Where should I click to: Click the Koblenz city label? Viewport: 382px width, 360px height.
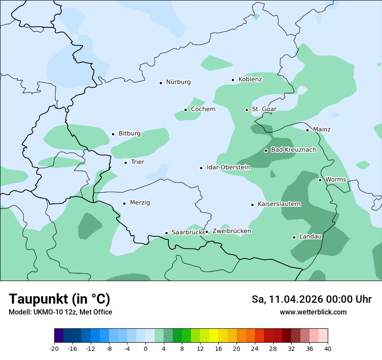pyautogui.click(x=250, y=79)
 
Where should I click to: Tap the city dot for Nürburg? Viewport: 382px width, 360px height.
pyautogui.click(x=161, y=82)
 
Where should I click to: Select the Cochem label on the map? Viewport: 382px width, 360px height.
pyautogui.click(x=203, y=109)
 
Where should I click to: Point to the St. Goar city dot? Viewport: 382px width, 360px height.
pyautogui.click(x=247, y=110)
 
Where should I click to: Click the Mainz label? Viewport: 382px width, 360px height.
pyautogui.click(x=322, y=129)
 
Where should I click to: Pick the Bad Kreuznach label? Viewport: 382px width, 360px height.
pyautogui.click(x=293, y=150)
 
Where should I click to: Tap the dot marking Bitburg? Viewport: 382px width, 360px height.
pyautogui.click(x=113, y=134)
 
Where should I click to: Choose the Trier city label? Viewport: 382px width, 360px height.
pyautogui.click(x=137, y=162)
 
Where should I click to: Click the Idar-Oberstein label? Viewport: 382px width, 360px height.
pyautogui.click(x=228, y=167)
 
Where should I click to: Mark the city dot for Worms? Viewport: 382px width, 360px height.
pyautogui.click(x=320, y=180)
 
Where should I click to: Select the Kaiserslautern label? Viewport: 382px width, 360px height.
pyautogui.click(x=279, y=204)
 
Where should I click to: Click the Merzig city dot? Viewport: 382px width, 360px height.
pyautogui.click(x=124, y=203)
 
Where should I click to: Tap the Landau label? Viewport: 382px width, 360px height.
pyautogui.click(x=310, y=237)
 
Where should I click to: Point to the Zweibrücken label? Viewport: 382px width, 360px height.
pyautogui.click(x=231, y=231)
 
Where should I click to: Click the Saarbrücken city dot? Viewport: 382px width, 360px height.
pyautogui.click(x=166, y=233)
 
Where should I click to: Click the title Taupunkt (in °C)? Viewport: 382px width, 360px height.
pyautogui.click(x=59, y=299)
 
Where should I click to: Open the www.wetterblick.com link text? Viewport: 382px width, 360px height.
pyautogui.click(x=313, y=312)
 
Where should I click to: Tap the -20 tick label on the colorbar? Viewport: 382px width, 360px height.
pyautogui.click(x=54, y=349)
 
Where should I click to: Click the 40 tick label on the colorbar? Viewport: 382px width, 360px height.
pyautogui.click(x=328, y=349)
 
